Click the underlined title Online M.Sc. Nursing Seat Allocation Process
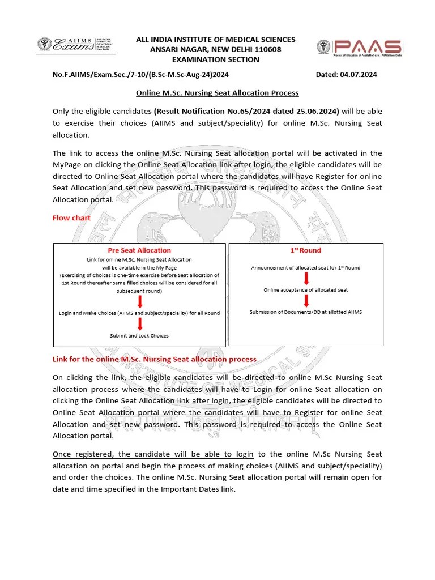click(217, 92)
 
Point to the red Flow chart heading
click(71, 217)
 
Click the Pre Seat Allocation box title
click(139, 250)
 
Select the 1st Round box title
click(305, 250)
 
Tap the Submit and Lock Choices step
click(139, 335)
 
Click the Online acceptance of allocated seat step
click(306, 289)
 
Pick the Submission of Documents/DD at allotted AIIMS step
click(306, 312)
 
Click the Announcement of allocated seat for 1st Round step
click(306, 267)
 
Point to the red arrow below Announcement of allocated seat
click(306, 278)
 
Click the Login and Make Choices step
click(139, 313)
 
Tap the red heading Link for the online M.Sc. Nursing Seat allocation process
click(154, 359)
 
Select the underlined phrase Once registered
click(84, 454)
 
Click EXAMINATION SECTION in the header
click(215, 59)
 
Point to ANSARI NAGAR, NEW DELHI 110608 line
click(215, 49)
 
